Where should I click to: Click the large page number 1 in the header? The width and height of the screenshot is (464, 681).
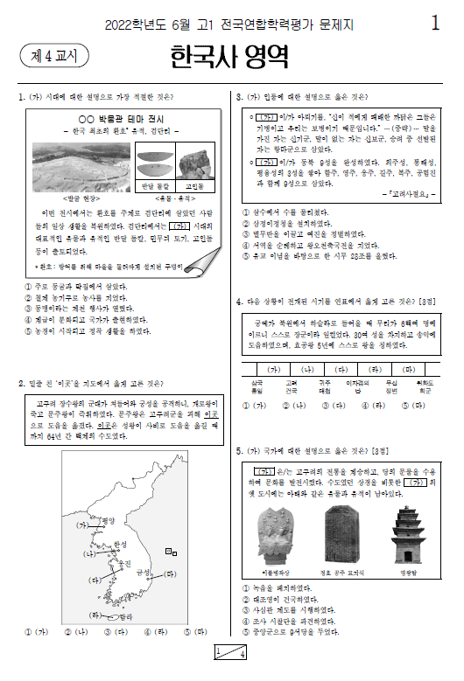[435, 24]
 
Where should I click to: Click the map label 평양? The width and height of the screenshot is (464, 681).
[108, 521]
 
